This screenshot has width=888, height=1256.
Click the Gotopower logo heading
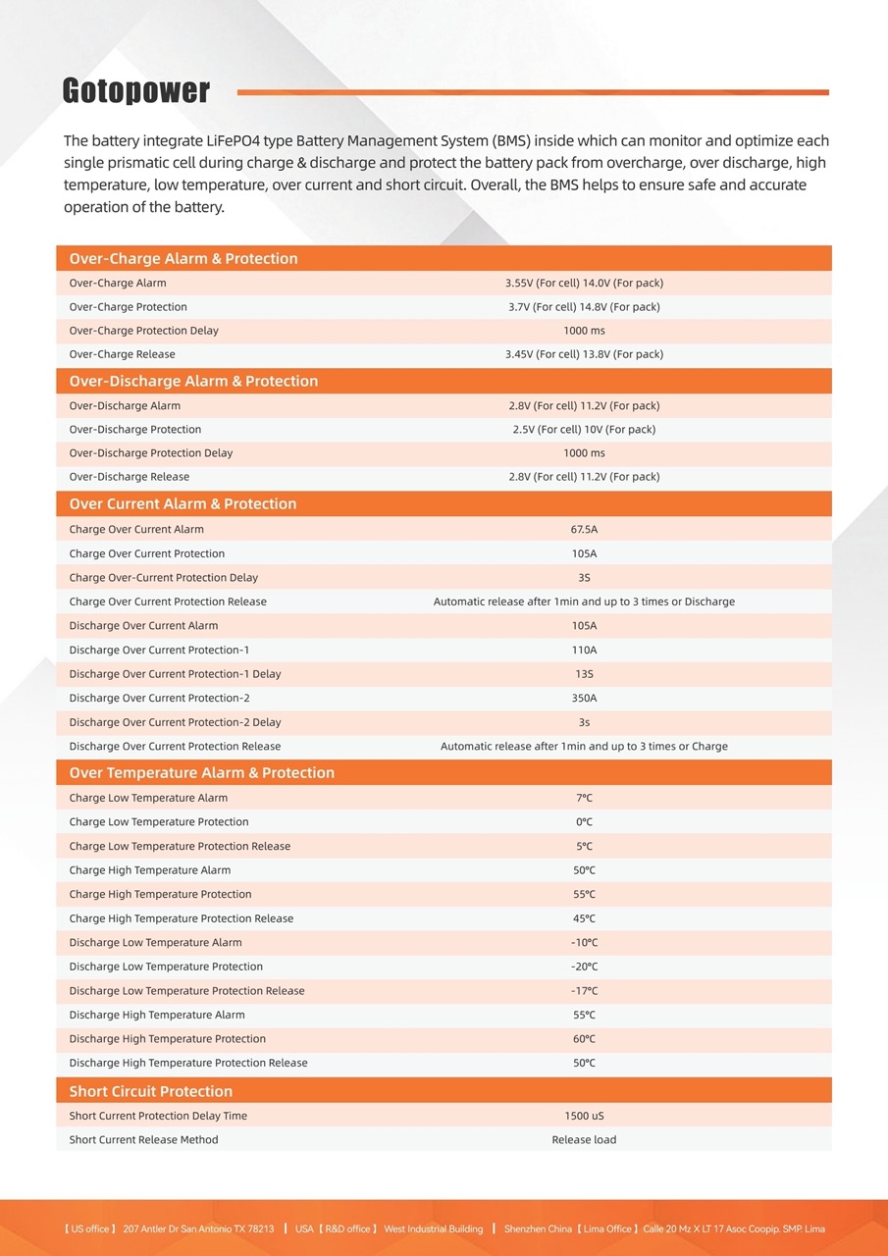[x=136, y=91]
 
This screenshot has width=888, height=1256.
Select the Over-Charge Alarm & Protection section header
[x=183, y=259]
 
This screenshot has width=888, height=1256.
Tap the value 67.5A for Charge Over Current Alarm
[x=584, y=530]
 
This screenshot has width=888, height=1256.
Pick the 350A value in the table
[x=584, y=699]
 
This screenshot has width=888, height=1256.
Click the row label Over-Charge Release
[x=123, y=354]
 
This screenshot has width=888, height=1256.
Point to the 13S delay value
[x=584, y=674]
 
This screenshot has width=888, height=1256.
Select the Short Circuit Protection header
[x=151, y=1091]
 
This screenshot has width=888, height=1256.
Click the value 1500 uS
[x=584, y=1116]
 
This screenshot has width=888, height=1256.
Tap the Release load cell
[x=584, y=1140]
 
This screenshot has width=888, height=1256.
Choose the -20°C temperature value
[x=584, y=967]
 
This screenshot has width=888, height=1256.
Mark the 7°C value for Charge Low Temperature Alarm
[x=584, y=799]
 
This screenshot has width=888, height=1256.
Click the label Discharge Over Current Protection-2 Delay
[x=175, y=722]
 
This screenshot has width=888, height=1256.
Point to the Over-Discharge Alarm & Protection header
[x=193, y=381]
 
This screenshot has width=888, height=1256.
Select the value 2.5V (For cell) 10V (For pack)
[x=584, y=430]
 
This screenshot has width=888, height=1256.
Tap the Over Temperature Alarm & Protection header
[x=201, y=773]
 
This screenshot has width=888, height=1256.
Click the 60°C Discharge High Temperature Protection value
[x=584, y=1039]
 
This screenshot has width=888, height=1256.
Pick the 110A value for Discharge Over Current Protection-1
[x=584, y=651]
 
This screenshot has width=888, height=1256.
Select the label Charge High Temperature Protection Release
[x=182, y=918]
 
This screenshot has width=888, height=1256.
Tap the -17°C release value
[x=584, y=991]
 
